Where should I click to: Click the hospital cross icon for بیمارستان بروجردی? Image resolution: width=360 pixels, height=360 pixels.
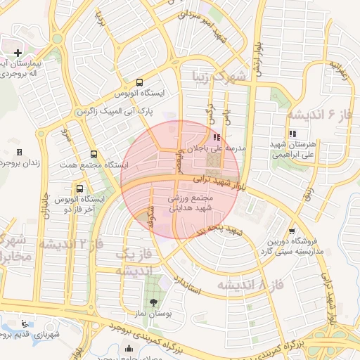[18, 53]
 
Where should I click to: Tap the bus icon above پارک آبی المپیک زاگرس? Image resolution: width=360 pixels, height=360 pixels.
[139, 82]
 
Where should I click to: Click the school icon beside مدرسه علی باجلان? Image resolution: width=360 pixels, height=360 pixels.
[216, 138]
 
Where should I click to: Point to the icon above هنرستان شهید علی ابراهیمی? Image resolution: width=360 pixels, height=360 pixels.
[292, 134]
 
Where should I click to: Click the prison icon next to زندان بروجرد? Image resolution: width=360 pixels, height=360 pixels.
[19, 152]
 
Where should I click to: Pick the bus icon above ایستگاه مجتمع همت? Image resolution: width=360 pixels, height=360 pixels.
[94, 155]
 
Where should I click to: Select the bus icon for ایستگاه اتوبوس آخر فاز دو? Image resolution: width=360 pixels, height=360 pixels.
[79, 188]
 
